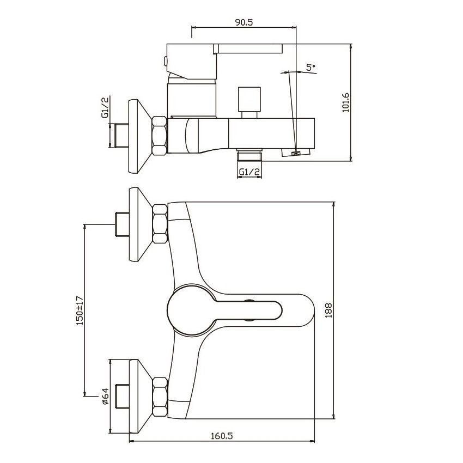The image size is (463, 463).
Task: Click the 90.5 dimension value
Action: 244,22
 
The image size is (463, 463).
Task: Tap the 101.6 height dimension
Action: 345,102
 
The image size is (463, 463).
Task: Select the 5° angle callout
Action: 310,67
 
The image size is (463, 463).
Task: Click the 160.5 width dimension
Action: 222,436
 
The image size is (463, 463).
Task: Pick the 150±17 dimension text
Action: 80,310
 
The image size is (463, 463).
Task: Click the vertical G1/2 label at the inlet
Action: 105,107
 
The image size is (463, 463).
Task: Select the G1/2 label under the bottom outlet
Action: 249,172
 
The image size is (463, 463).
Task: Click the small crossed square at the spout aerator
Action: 296,153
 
